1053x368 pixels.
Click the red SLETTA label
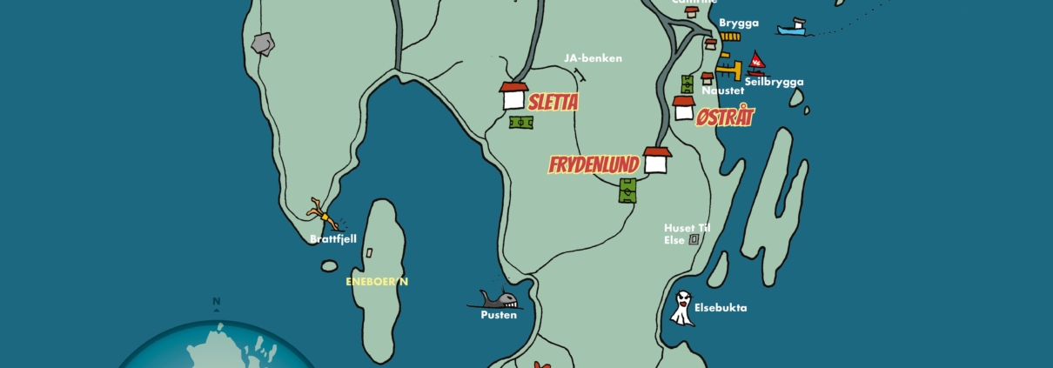coord(553,103)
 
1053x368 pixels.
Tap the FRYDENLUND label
coord(594,164)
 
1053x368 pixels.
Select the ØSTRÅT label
coord(725,117)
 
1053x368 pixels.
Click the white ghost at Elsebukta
coord(682,308)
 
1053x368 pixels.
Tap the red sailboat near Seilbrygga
coord(756,61)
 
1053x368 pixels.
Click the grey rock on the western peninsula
coord(262,43)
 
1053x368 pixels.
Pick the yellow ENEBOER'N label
coord(377,281)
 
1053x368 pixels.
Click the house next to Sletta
coord(513,96)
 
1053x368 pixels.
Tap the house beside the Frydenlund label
coord(656,160)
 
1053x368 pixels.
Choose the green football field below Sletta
coord(521,123)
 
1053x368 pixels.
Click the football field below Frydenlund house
coord(628,191)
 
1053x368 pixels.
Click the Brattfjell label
coord(333,238)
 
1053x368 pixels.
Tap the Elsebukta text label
coord(721,307)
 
